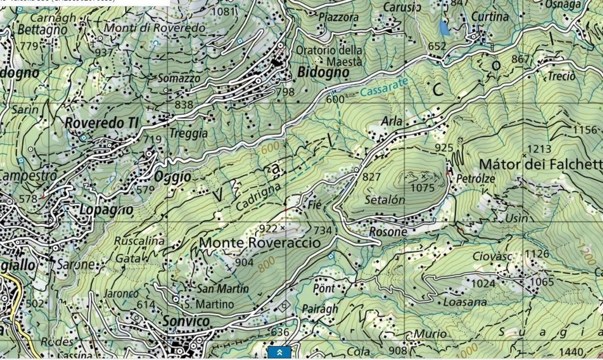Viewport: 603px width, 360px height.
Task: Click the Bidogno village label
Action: pyautogui.click(x=323, y=73)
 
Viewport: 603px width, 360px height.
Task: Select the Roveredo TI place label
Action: pyautogui.click(x=101, y=123)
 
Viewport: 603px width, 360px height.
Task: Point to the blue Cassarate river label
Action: pyautogui.click(x=384, y=88)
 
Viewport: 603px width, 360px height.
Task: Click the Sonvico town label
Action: pyautogui.click(x=186, y=321)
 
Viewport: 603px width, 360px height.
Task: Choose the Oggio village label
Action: pyautogui.click(x=173, y=176)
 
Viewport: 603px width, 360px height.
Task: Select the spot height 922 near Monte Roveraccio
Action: pyautogui.click(x=268, y=228)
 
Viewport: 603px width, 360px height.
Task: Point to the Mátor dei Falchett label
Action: pyautogui.click(x=540, y=164)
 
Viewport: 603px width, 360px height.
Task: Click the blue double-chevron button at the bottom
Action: pyautogui.click(x=279, y=352)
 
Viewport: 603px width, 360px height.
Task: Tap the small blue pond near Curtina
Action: pyautogui.click(x=444, y=28)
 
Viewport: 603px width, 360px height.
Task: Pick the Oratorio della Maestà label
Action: pyautogui.click(x=329, y=55)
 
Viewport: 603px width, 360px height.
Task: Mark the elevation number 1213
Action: pyautogui.click(x=539, y=149)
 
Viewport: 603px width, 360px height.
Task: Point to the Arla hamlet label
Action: pyautogui.click(x=392, y=122)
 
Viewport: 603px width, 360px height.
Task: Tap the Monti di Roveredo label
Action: pyautogui.click(x=155, y=28)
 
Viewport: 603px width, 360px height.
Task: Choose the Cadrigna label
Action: pyautogui.click(x=257, y=197)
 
